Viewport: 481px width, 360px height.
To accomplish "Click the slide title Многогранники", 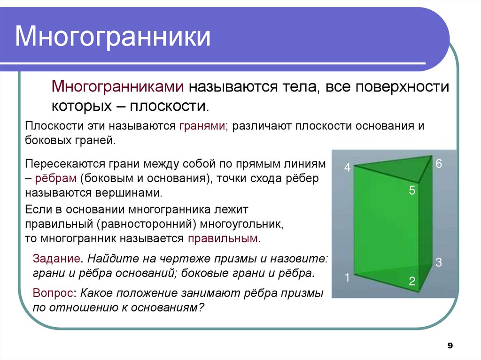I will point(113,38).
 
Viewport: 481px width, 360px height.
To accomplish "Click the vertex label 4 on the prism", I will point(348,168).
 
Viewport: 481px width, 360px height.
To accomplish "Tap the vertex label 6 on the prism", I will point(439,164).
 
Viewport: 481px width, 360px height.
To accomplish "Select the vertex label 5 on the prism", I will point(412,191).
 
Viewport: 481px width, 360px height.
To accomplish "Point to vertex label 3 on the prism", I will point(439,262).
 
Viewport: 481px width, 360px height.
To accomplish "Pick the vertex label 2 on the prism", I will point(412,282).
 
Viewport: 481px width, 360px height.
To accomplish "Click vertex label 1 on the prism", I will point(348,277).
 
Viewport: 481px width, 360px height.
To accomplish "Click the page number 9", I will point(450,346).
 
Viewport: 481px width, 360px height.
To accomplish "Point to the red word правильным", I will point(223,238).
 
